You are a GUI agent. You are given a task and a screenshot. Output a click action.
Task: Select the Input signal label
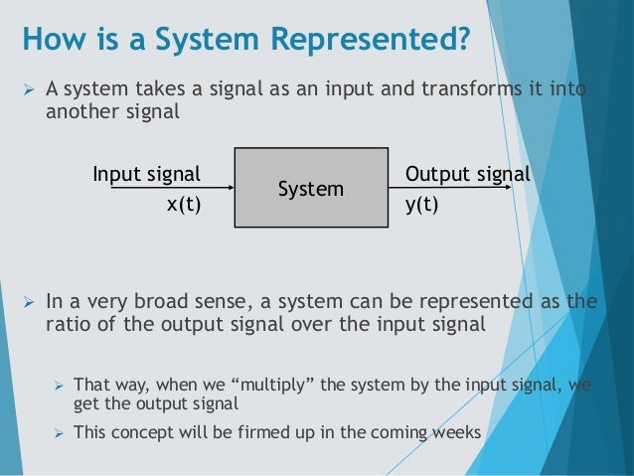point(147,175)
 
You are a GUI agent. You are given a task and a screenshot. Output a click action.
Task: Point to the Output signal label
point(468,175)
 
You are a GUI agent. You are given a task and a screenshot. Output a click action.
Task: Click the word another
point(80,112)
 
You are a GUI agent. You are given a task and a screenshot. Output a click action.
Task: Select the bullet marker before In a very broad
point(29,303)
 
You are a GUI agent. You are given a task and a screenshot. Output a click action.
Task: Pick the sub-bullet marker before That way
point(58,385)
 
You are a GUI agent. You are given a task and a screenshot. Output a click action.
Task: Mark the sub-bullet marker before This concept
point(58,433)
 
